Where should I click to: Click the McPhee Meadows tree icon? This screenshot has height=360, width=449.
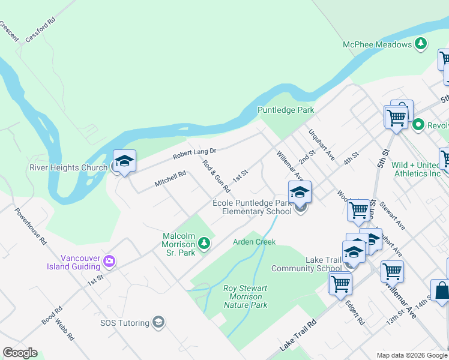[421, 44]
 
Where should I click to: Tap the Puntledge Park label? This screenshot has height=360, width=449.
[286, 110]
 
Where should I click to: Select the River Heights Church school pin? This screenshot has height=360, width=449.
[124, 161]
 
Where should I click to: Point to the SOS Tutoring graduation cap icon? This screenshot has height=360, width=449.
[158, 323]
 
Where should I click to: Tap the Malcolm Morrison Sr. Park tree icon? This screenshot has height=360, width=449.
[204, 243]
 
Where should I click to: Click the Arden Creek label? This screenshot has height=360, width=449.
[254, 242]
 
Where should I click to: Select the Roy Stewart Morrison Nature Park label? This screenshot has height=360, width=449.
[245, 296]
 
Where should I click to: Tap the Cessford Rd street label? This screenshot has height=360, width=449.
[40, 29]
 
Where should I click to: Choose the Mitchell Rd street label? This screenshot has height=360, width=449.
[170, 178]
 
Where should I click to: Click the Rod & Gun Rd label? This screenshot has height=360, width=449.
[216, 176]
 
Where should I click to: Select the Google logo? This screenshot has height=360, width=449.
[20, 353]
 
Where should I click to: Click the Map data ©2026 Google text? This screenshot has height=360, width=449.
[411, 355]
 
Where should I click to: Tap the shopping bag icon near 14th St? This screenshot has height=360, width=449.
[441, 290]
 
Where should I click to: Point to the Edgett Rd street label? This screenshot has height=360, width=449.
[354, 313]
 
